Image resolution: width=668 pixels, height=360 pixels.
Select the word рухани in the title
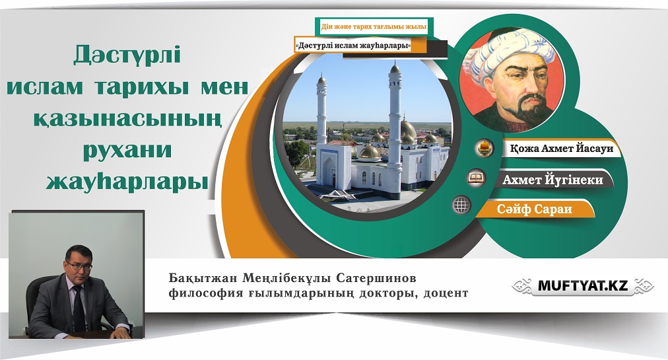pyautogui.click(x=127, y=151)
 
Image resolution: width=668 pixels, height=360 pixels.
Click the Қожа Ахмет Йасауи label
pyautogui.click(x=562, y=149)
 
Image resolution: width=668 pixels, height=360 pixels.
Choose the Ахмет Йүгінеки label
pyautogui.click(x=552, y=180)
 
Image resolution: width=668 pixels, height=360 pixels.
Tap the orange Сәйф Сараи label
pyautogui.click(x=534, y=209)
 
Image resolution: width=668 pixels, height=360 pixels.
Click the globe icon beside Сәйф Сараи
pyautogui.click(x=461, y=205)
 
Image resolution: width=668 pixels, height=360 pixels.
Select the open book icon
pyautogui.click(x=477, y=178)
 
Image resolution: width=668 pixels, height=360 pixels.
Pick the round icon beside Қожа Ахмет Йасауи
pyautogui.click(x=484, y=148)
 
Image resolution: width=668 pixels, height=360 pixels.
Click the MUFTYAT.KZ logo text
pyautogui.click(x=583, y=286)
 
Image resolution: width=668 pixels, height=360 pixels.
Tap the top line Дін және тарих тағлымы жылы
pyautogui.click(x=374, y=27)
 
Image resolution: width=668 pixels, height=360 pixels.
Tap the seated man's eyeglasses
pyautogui.click(x=79, y=266)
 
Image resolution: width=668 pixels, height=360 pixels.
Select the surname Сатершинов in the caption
pyautogui.click(x=376, y=279)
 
